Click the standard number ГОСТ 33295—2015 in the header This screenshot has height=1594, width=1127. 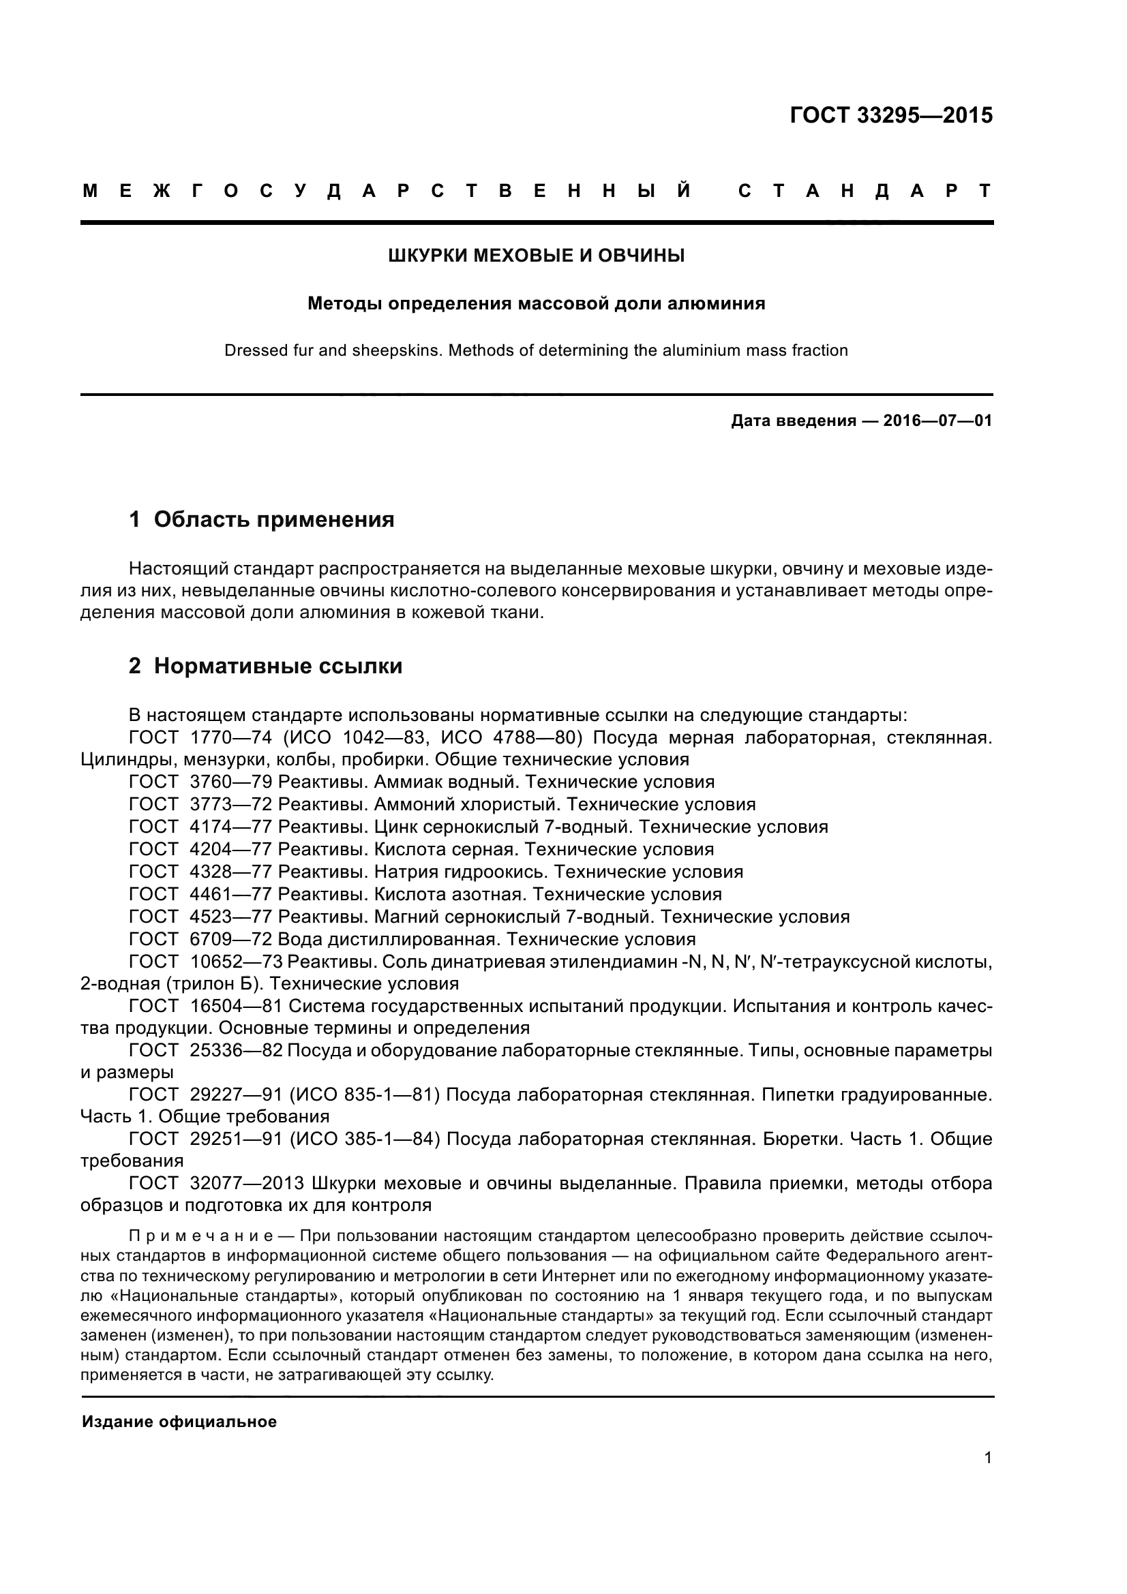(x=891, y=115)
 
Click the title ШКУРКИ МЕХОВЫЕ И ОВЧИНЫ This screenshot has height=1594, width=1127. (x=536, y=256)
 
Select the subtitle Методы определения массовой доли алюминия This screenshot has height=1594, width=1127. (x=536, y=303)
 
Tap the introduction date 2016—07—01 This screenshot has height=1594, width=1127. (x=937, y=420)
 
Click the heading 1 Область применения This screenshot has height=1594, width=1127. (x=262, y=519)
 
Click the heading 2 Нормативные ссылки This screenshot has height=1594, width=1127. (x=265, y=666)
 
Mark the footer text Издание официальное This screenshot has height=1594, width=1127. (x=179, y=1422)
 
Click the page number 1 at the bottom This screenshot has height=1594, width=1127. (x=988, y=1477)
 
